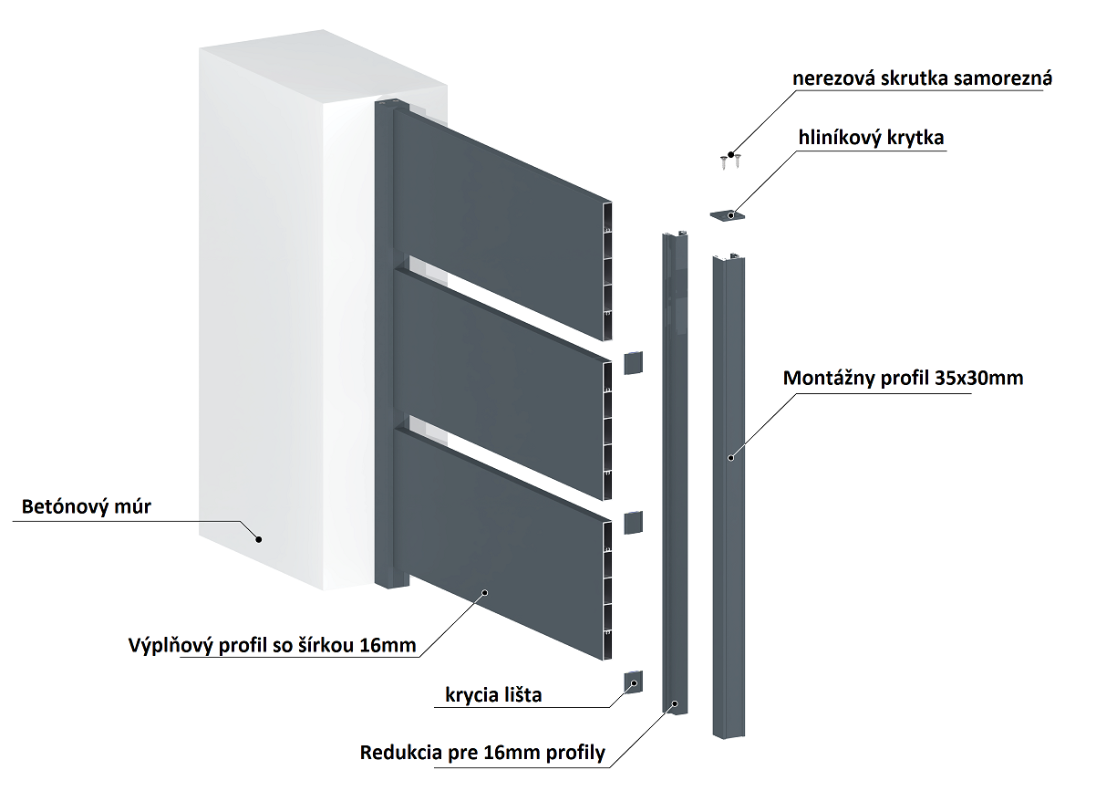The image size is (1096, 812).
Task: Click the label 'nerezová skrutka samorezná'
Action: point(922,78)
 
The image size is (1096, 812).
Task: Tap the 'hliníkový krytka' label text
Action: point(871,138)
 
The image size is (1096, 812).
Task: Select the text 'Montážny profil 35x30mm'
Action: point(904,378)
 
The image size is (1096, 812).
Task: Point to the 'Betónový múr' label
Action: point(88,506)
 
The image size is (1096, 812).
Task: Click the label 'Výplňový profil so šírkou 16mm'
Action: point(273,647)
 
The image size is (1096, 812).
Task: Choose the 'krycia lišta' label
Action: point(493,695)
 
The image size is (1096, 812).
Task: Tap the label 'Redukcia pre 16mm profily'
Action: point(483,754)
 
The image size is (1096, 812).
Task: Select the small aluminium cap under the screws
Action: point(728,214)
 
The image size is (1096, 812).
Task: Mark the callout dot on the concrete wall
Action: point(258,538)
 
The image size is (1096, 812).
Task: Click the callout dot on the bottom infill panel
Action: point(484,592)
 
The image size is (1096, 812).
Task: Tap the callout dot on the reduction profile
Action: point(674,703)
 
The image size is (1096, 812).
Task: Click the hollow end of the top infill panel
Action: point(608,269)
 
